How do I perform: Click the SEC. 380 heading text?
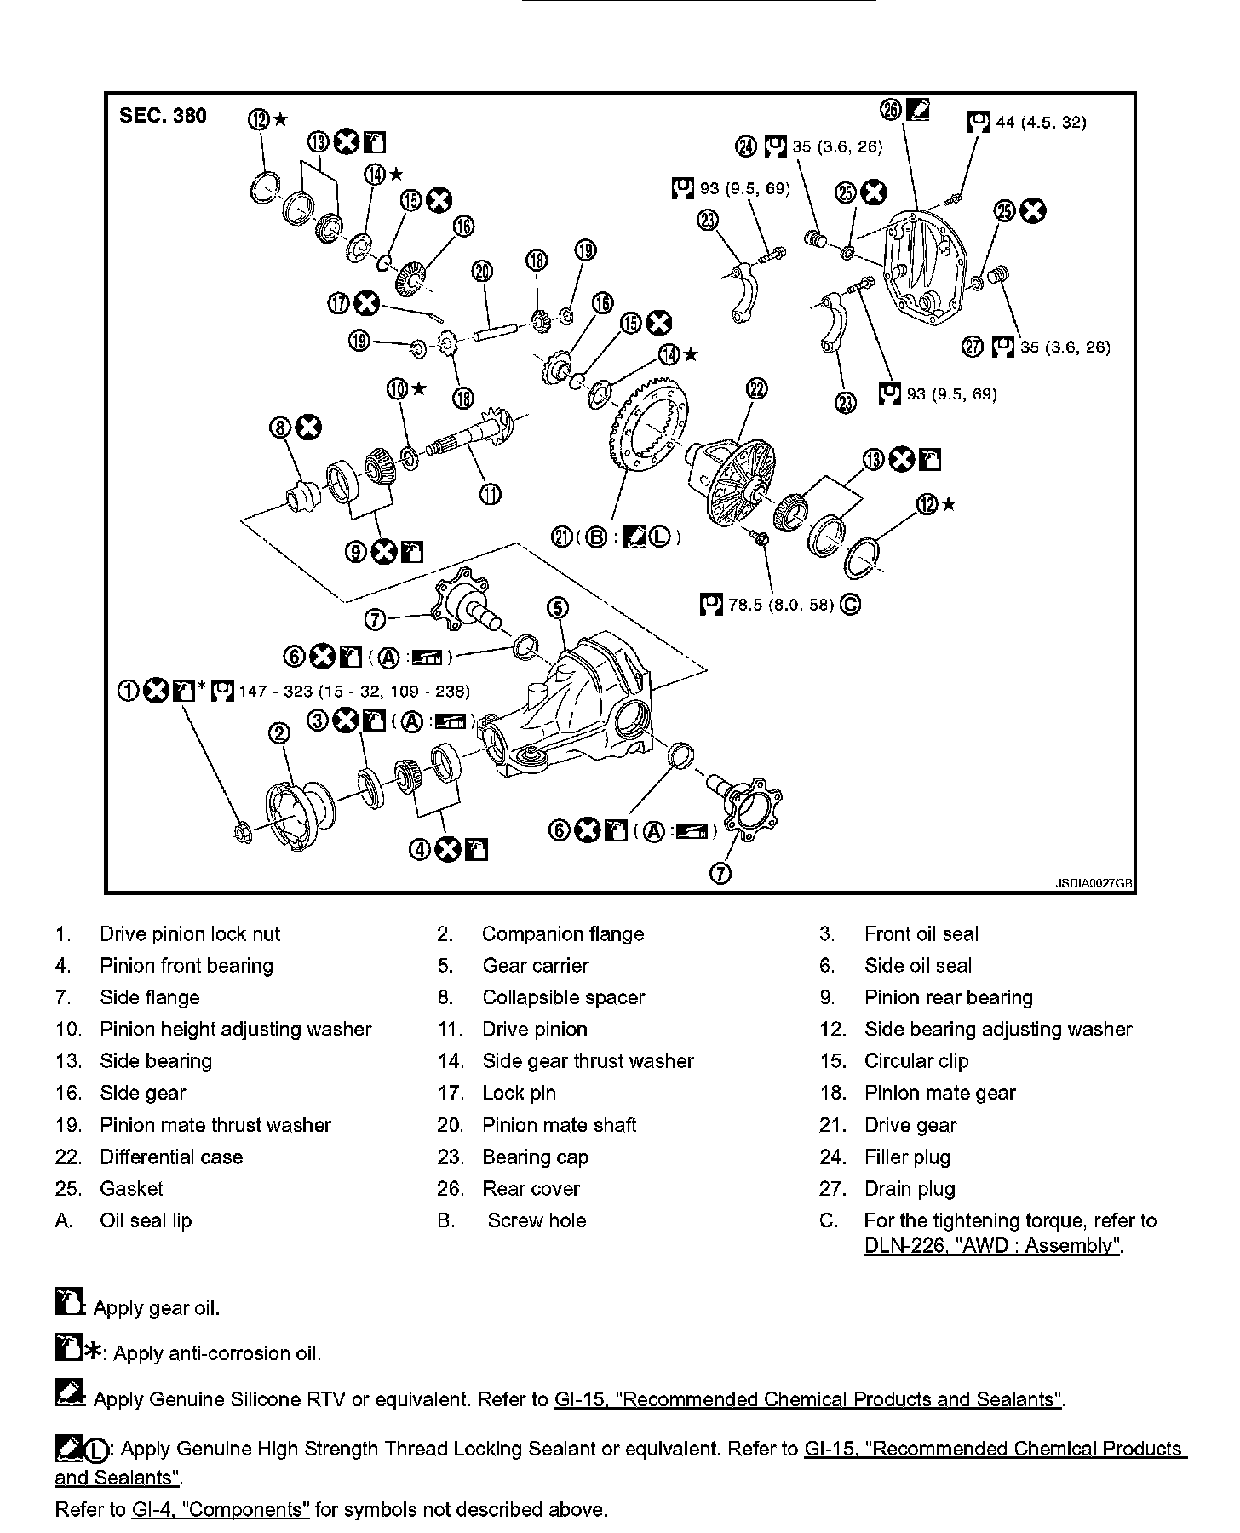pos(163,116)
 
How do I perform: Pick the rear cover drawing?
pos(924,263)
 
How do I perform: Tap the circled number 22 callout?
pos(757,389)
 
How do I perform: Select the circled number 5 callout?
pos(556,607)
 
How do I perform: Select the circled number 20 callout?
pos(482,272)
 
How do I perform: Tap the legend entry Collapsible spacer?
pos(563,997)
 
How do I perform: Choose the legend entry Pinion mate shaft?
pos(559,1125)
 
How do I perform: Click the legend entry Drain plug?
pos(910,1189)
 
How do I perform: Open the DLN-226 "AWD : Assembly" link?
pos(993,1246)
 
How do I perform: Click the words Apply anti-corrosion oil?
pos(217,1353)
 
